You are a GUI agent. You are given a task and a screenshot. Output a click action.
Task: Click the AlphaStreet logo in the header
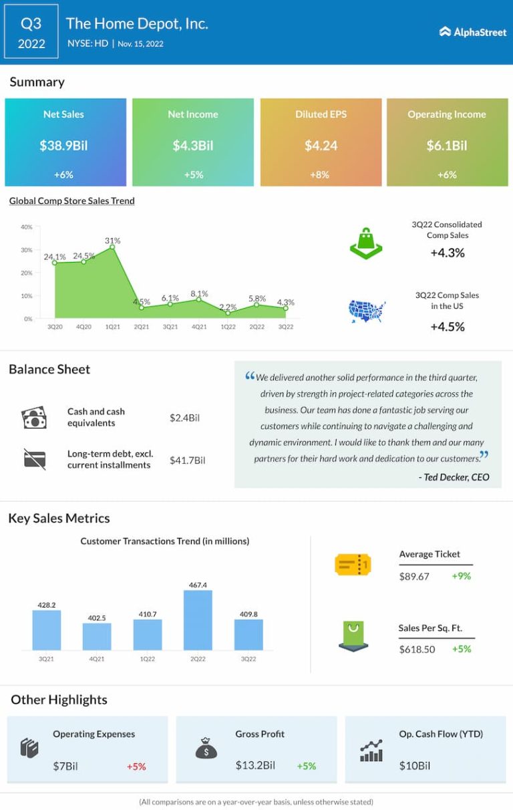tap(472, 31)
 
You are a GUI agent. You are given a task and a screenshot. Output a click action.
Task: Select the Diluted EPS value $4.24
tap(321, 145)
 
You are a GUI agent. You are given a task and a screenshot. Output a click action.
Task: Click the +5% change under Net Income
tap(193, 174)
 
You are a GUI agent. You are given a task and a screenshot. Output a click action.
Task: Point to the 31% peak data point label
tap(112, 241)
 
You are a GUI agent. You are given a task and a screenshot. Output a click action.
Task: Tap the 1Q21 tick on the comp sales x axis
tap(112, 327)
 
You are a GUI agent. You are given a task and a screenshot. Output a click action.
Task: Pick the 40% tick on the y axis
tap(27, 227)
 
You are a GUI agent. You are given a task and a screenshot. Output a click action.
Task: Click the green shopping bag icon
tap(366, 243)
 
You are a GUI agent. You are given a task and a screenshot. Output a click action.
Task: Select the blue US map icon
tap(367, 311)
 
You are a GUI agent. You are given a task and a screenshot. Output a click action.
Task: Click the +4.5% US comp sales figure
tap(447, 326)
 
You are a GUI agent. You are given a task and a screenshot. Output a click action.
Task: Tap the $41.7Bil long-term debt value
tap(187, 460)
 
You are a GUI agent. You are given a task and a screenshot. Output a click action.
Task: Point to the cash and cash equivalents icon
tap(34, 418)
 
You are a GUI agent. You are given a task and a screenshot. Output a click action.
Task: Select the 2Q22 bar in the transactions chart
tap(198, 620)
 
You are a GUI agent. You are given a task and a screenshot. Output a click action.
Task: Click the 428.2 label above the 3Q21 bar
tap(46, 604)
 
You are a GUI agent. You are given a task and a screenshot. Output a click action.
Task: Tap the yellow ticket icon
tap(352, 565)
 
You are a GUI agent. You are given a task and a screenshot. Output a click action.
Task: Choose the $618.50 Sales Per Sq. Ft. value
tap(417, 649)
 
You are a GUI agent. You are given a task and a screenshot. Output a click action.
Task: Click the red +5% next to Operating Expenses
tap(136, 767)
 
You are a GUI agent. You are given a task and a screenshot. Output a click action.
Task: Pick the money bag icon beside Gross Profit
tap(206, 747)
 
